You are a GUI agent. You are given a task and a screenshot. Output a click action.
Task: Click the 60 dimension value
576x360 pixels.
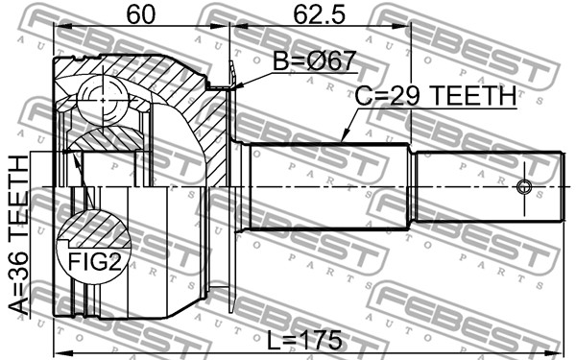pyautogui.click(x=141, y=15)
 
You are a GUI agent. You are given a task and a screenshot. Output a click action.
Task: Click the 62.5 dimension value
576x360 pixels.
pyautogui.click(x=320, y=15)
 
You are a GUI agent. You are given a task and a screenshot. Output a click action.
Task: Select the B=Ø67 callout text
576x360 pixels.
pyautogui.click(x=315, y=60)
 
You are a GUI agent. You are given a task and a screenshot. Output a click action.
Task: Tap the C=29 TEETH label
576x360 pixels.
pyautogui.click(x=436, y=95)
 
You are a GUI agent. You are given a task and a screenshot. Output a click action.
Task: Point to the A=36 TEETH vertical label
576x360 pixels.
pyautogui.click(x=19, y=235)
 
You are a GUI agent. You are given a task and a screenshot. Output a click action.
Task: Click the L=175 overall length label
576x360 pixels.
pyautogui.click(x=304, y=340)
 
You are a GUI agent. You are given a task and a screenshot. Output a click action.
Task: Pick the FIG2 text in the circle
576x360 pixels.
pyautogui.click(x=95, y=261)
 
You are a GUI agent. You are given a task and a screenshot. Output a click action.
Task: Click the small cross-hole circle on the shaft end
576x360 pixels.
pyautogui.click(x=524, y=187)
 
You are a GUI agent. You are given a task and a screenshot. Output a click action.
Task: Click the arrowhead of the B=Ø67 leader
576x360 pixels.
pyautogui.click(x=236, y=86)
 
